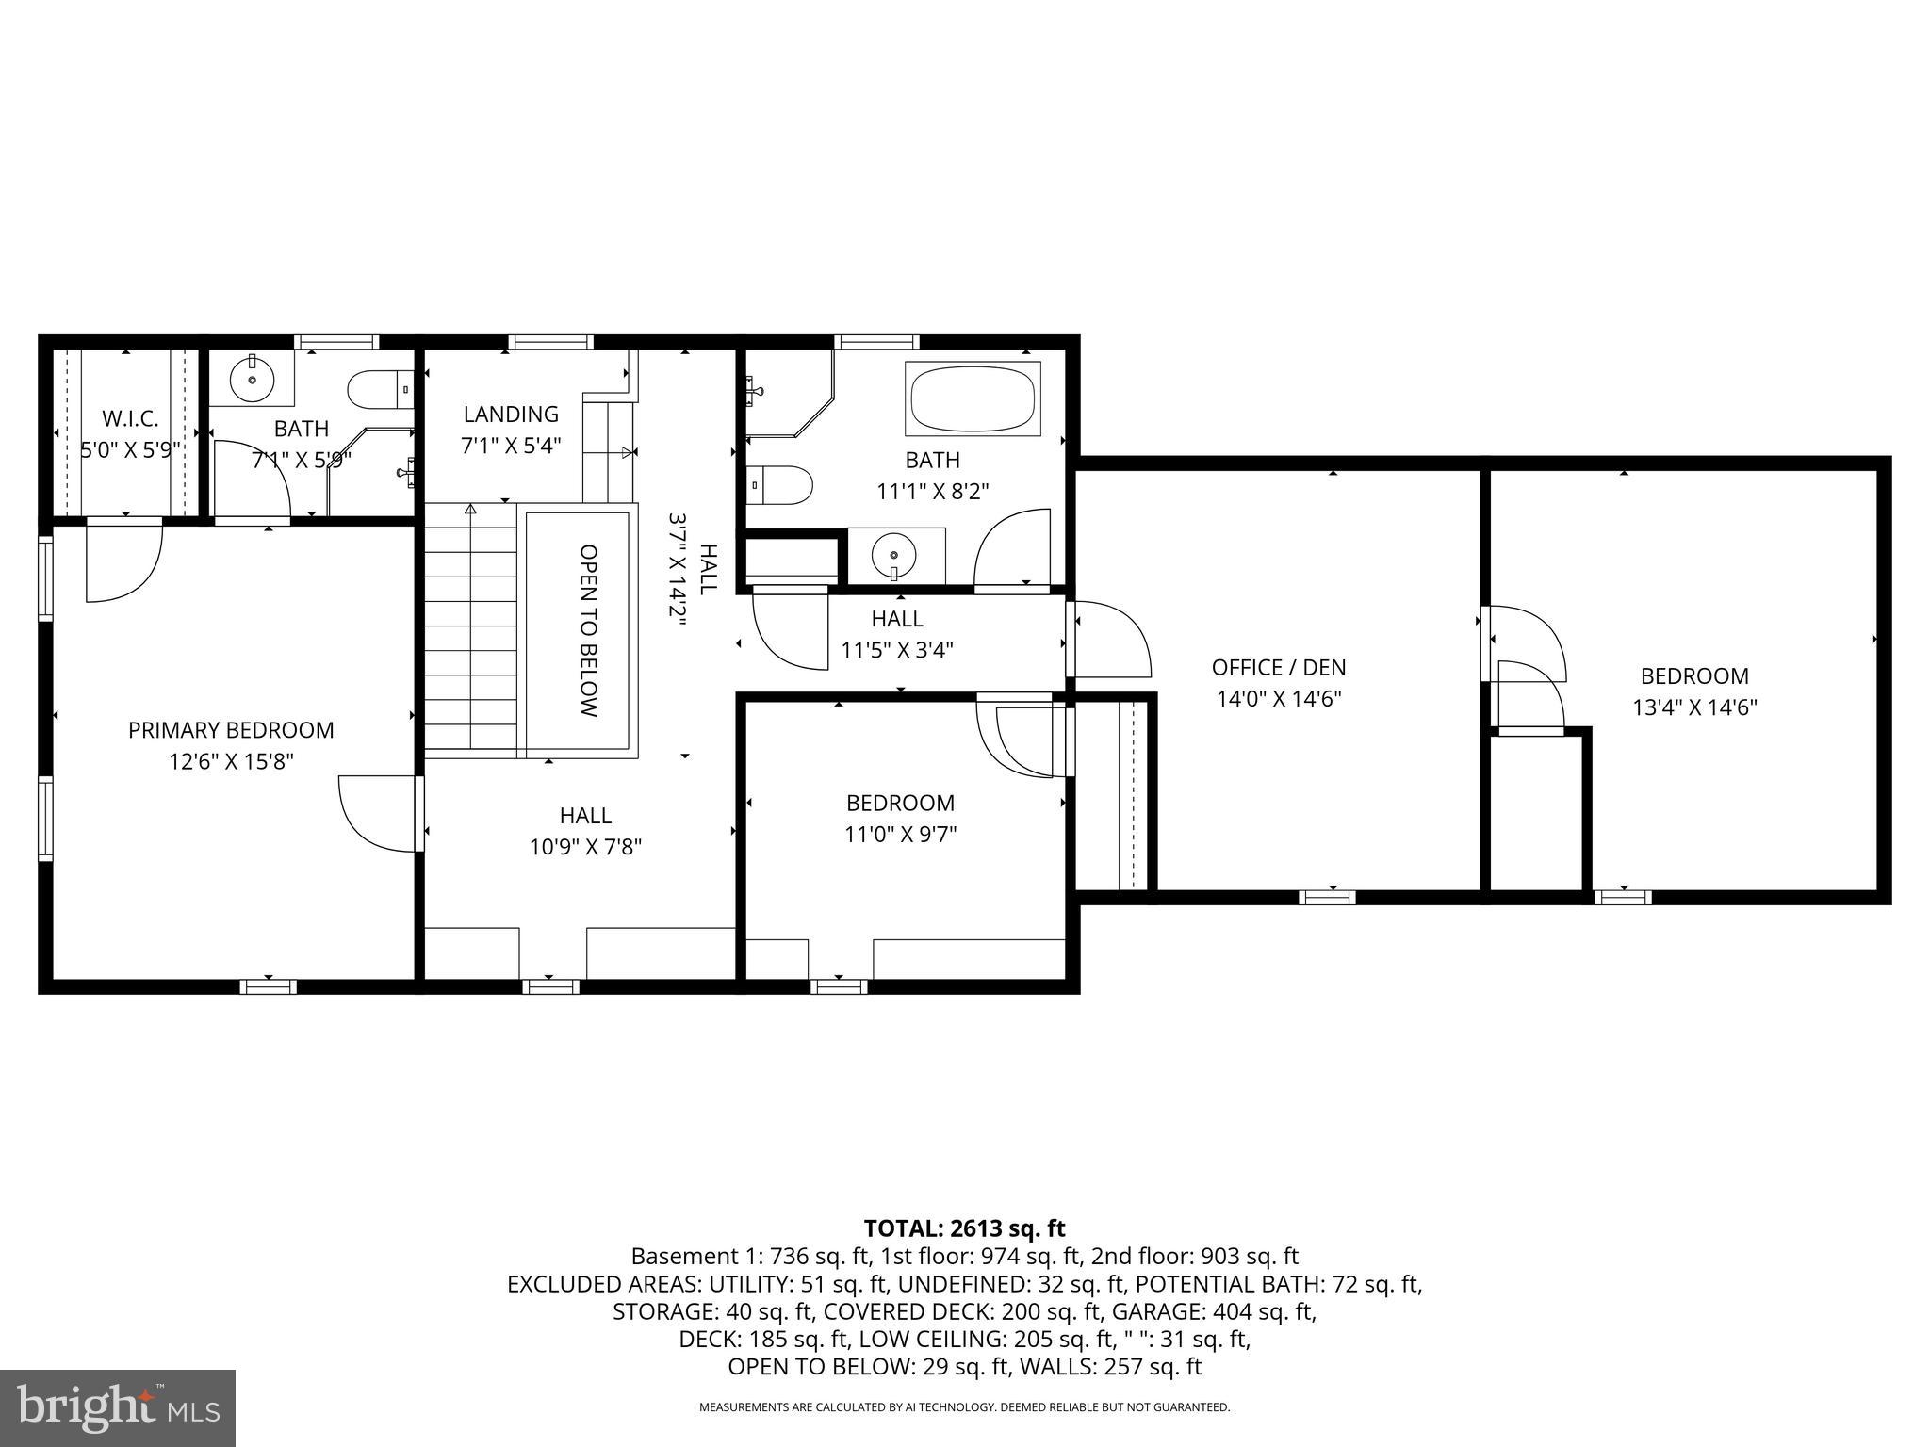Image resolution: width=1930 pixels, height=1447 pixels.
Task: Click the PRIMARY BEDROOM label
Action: click(x=231, y=730)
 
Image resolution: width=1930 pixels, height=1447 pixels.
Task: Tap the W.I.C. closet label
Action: click(x=130, y=418)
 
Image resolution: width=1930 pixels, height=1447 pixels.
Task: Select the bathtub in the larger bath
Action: click(x=973, y=399)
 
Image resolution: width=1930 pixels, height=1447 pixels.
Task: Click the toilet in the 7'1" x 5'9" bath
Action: click(x=379, y=388)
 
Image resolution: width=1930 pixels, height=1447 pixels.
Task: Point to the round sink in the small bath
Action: click(x=252, y=379)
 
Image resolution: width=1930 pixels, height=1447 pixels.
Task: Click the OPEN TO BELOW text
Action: click(x=589, y=630)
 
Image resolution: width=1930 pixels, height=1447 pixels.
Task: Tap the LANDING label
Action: click(x=511, y=415)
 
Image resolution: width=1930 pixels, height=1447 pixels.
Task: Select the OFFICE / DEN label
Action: click(x=1279, y=668)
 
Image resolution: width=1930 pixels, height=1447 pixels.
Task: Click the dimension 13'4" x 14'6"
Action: click(x=1694, y=707)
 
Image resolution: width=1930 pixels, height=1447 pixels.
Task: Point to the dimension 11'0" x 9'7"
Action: click(x=901, y=835)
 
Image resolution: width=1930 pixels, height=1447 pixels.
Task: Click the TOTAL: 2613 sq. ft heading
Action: click(x=964, y=1228)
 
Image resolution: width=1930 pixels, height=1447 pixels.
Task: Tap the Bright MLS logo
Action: click(x=118, y=1408)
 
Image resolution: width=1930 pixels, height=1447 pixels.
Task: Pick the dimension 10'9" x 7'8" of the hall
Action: click(x=585, y=847)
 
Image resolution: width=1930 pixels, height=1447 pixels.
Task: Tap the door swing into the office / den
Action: click(x=1112, y=641)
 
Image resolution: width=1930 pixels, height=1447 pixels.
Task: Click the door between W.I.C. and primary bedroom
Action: click(x=123, y=561)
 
